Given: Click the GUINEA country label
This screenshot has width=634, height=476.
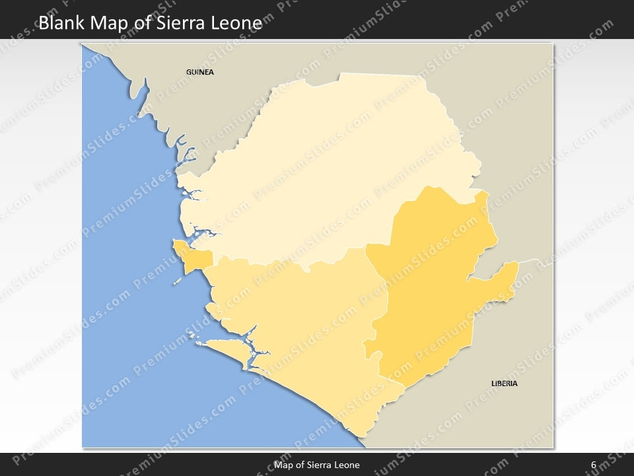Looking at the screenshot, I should tap(200, 72).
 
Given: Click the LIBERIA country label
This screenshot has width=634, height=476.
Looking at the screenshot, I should tap(504, 383).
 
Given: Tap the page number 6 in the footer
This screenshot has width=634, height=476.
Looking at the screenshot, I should tap(594, 465).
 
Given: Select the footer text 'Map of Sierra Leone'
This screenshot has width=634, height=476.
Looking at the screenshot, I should tap(317, 465).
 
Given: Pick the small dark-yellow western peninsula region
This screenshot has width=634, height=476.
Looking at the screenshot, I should tap(194, 257).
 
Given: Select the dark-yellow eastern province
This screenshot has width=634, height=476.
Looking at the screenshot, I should tap(429, 284).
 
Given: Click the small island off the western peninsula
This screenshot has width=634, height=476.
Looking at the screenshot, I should tap(177, 281).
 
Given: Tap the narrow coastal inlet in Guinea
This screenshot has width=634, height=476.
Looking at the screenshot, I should tap(139, 89).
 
